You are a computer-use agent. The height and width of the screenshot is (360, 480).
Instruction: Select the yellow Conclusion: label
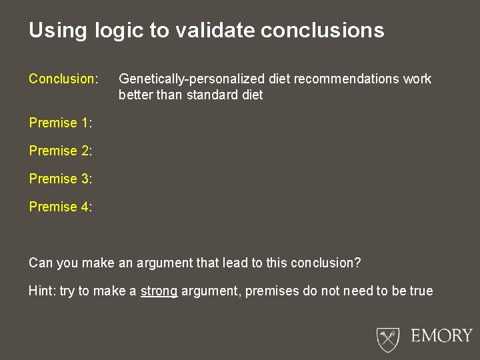[x=63, y=79]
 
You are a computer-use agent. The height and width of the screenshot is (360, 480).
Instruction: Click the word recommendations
[x=347, y=79]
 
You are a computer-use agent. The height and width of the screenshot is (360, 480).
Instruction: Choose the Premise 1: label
[x=60, y=123]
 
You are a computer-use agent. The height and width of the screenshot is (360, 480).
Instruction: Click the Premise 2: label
[x=60, y=151]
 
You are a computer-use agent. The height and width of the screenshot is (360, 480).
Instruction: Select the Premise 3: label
[x=60, y=179]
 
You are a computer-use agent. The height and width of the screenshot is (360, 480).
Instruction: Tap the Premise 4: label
[x=60, y=207]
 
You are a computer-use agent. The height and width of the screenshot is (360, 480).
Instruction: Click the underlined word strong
[x=159, y=291]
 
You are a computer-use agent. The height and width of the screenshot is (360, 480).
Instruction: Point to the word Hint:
[x=42, y=291]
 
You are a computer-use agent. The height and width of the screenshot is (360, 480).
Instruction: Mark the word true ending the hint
[x=421, y=291]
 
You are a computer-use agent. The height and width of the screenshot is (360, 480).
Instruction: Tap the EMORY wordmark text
[x=441, y=335]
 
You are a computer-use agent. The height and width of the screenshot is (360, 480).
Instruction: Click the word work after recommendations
[x=417, y=79]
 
